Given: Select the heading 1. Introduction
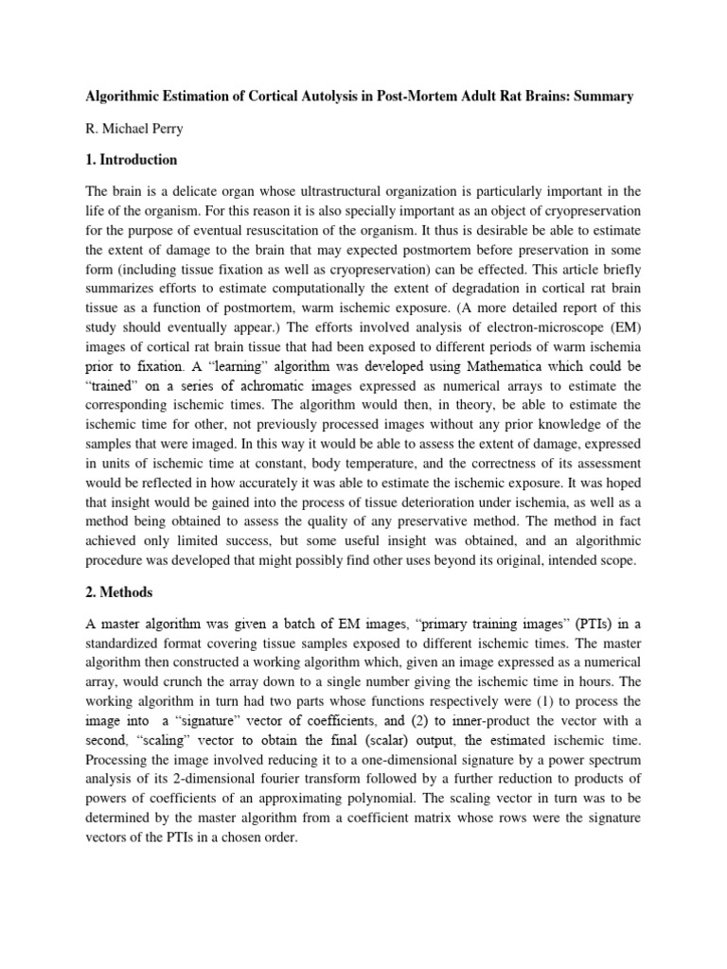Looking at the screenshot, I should click(x=132, y=160).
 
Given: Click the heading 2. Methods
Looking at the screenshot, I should click(x=122, y=591).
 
